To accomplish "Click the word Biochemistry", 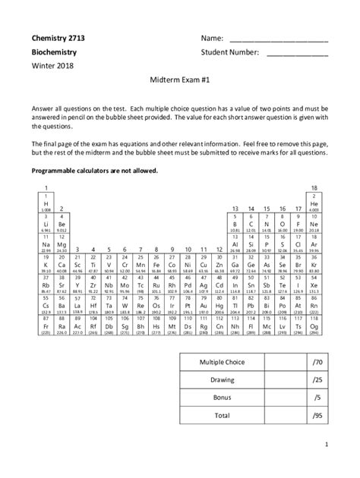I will click(x=55, y=53).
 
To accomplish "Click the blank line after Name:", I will click(x=278, y=38).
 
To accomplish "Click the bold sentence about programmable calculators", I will click(x=94, y=171).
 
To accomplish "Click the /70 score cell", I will click(x=316, y=362).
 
